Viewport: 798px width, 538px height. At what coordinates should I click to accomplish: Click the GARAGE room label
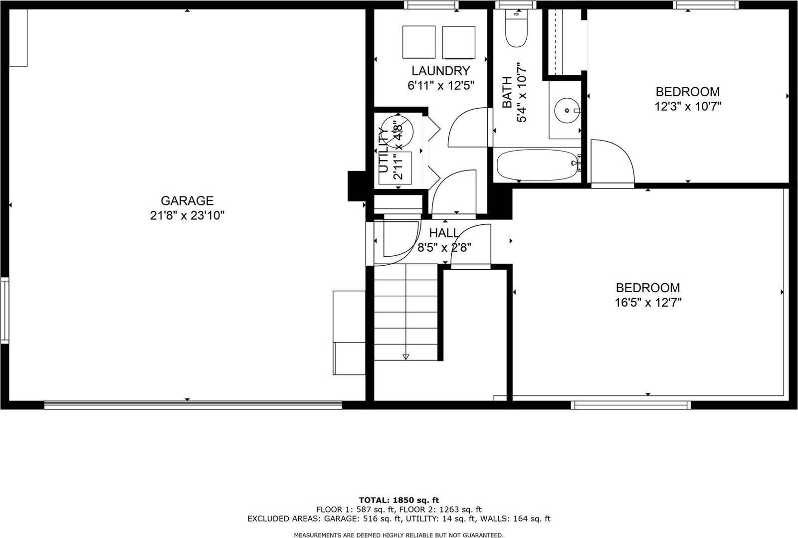pos(187,201)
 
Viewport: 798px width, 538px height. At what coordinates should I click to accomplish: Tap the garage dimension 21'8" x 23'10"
pos(187,215)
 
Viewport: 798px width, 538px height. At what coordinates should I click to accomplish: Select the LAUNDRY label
pos(441,71)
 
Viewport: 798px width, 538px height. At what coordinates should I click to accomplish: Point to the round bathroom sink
pos(567,110)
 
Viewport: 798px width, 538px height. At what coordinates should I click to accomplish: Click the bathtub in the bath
pos(538,165)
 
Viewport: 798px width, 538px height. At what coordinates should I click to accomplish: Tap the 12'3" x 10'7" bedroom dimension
pos(688,107)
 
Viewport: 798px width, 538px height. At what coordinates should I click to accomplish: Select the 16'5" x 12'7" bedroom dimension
pos(648,303)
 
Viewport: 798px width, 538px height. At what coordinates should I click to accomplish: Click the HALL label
pos(444,233)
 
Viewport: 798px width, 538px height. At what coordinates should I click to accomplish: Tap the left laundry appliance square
pos(419,42)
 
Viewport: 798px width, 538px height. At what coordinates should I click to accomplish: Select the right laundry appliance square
pos(459,42)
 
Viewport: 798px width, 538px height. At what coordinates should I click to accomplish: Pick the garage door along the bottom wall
pos(193,404)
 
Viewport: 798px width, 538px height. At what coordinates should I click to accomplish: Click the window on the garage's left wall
pos(4,311)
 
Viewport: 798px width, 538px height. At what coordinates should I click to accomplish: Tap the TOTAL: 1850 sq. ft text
pos(399,500)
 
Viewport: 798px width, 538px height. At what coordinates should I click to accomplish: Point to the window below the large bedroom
pos(631,405)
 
